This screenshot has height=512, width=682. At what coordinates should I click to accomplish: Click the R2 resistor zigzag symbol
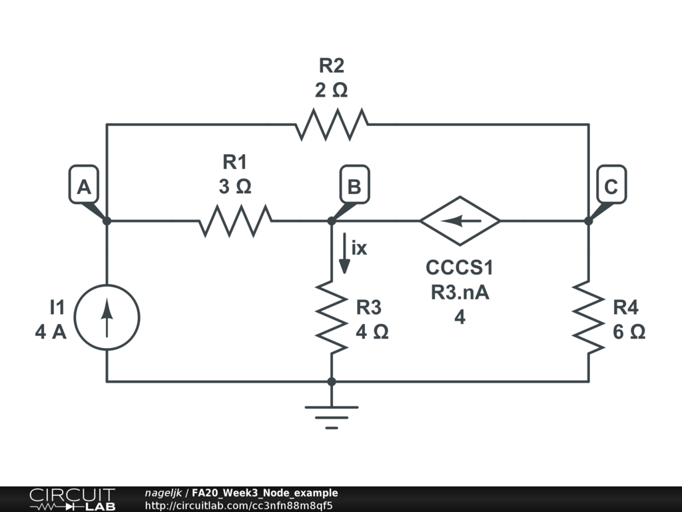(332, 125)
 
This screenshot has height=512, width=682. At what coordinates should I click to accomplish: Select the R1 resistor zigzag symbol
(236, 221)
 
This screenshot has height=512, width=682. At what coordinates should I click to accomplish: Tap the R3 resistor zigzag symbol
(332, 317)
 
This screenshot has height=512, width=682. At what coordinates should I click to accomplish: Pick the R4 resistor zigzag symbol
(589, 317)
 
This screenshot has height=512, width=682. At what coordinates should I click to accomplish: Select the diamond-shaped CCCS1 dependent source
(460, 221)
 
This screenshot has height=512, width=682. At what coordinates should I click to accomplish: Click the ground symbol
(332, 417)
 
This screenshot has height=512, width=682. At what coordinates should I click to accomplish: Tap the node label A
(84, 187)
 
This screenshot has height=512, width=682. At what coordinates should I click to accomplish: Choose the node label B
(354, 187)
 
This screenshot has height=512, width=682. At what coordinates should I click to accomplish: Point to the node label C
(611, 187)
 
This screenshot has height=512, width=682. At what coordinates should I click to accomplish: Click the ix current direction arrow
(344, 253)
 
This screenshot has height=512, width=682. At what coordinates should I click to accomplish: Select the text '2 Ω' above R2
(332, 91)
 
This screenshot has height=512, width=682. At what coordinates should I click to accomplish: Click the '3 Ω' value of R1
(235, 187)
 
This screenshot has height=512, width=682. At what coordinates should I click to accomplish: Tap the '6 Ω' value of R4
(629, 332)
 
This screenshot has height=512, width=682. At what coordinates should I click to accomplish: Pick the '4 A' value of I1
(51, 332)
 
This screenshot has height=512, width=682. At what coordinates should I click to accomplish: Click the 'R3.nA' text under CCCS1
(460, 292)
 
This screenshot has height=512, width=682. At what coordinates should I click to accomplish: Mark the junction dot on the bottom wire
(332, 382)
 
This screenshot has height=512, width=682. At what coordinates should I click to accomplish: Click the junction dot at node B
(332, 221)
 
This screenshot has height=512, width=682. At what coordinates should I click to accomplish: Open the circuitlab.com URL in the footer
(239, 505)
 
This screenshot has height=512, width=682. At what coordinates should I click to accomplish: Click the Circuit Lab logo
(72, 499)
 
